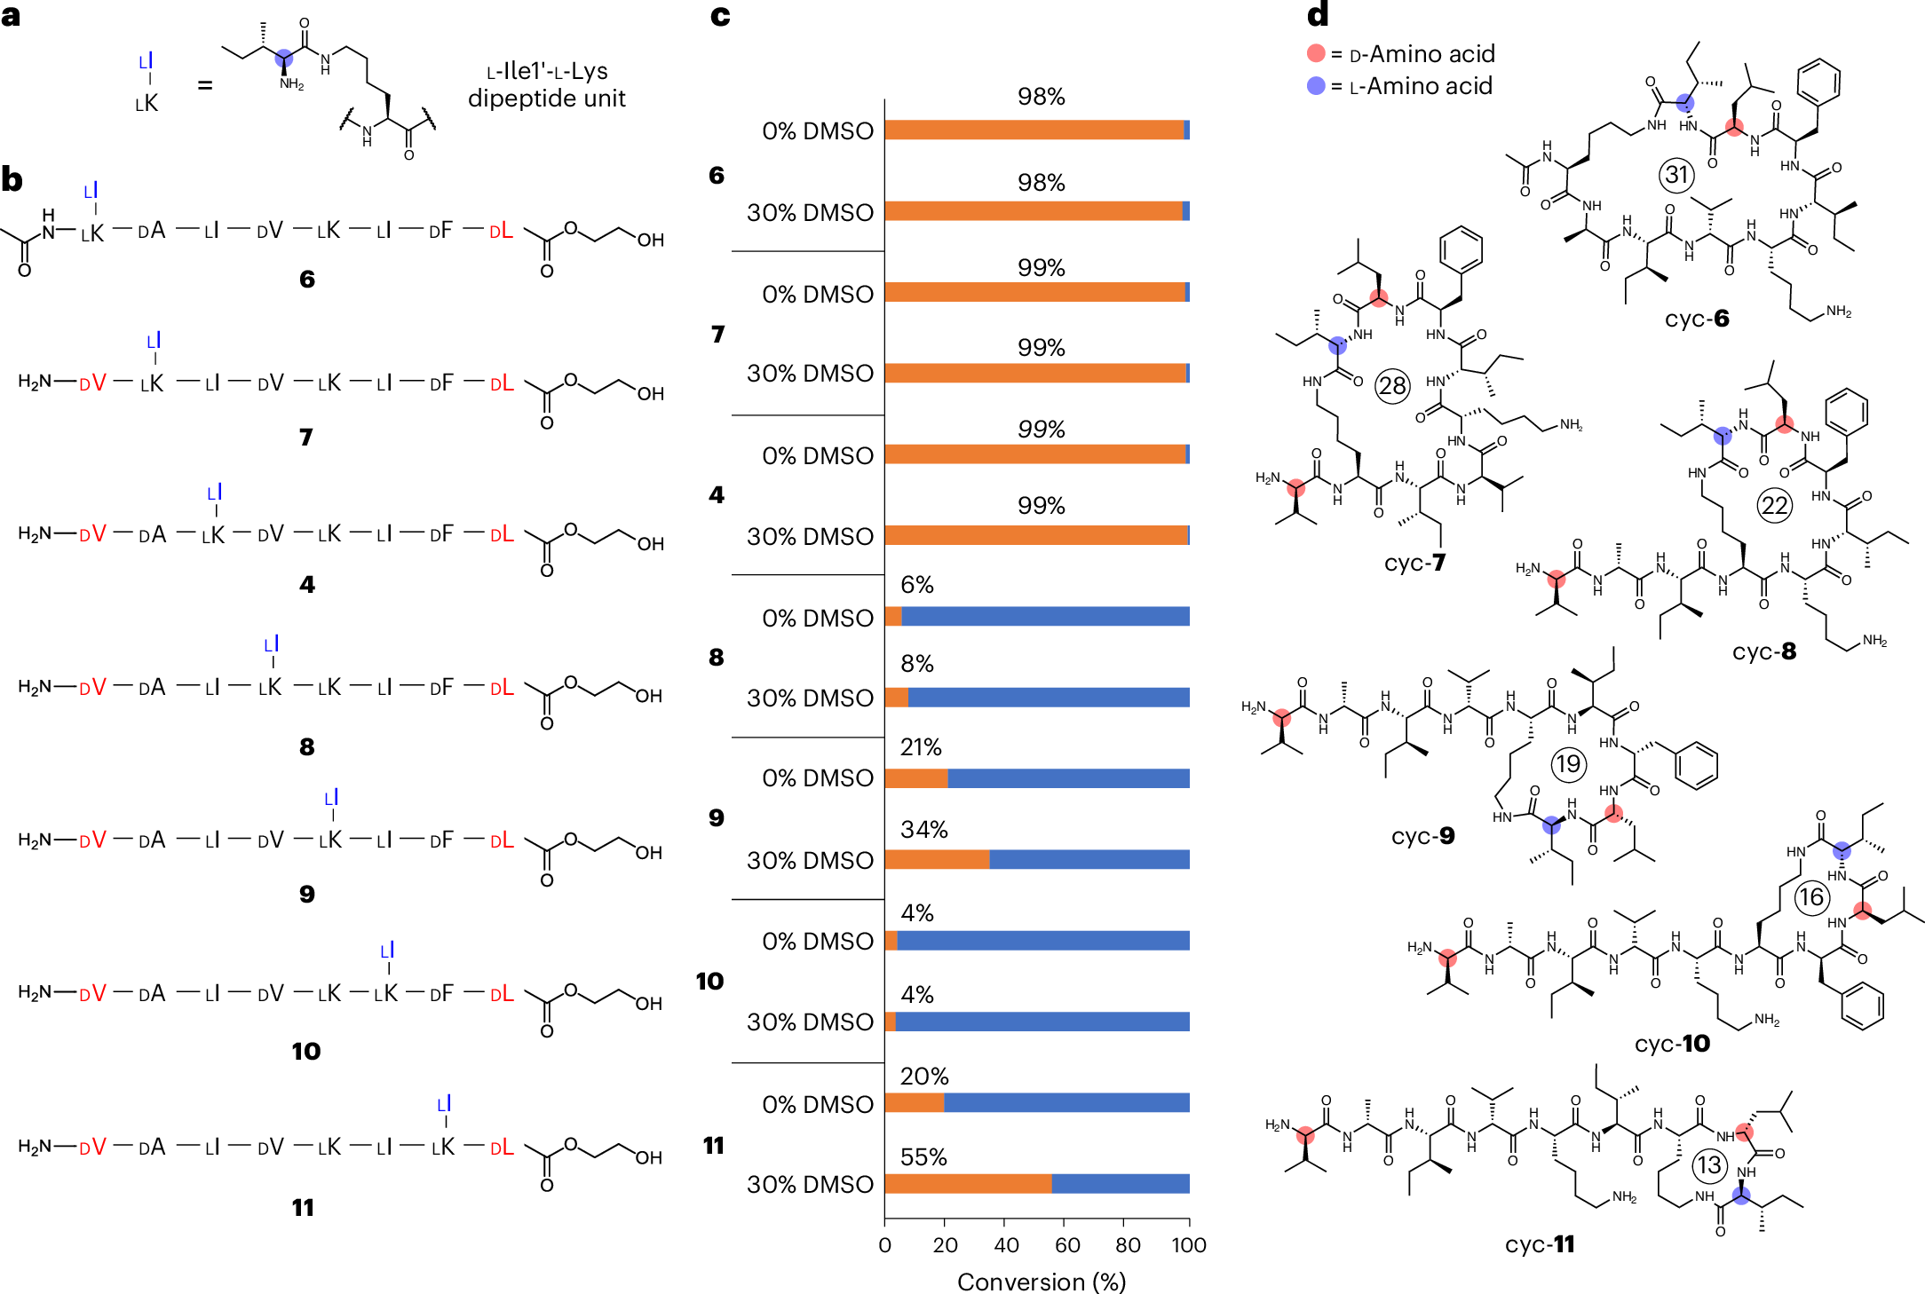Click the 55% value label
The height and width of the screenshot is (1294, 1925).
pos(923,1157)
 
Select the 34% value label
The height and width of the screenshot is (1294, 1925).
pos(923,830)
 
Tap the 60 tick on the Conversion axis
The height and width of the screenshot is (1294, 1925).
pos(1067,1245)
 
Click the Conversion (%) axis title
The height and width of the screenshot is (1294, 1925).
pos(1041,1282)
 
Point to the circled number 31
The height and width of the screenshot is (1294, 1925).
pos(1676,174)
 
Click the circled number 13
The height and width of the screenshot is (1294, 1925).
pos(1709,1164)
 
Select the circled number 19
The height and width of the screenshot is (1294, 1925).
pos(1568,763)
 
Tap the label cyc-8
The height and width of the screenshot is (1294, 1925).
pos(1763,651)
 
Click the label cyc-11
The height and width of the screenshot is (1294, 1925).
pos(1540,1244)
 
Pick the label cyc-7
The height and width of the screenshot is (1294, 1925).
pos(1414,563)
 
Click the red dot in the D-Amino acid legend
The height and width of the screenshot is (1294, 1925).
pos(1316,54)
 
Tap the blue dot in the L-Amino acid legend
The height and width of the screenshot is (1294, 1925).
pos(1316,86)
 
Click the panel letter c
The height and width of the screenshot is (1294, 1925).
pos(720,16)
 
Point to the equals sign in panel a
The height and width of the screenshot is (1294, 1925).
pos(205,86)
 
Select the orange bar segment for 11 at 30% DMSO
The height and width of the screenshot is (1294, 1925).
pos(968,1184)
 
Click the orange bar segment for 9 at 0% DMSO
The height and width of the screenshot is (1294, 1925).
pos(916,778)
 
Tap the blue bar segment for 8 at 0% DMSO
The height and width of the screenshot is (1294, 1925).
pos(1045,617)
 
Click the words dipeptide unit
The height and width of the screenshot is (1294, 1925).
pos(546,99)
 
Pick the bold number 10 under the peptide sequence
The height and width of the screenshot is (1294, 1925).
pos(305,1052)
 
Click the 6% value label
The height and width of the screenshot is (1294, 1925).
pos(916,585)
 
